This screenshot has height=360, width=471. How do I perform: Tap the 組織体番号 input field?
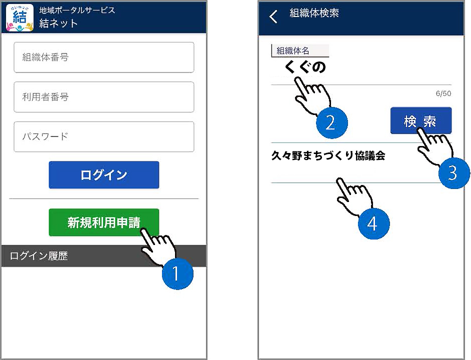click(104, 57)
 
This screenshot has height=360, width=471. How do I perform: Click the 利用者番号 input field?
click(104, 97)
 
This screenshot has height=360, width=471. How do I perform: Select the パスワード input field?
click(104, 136)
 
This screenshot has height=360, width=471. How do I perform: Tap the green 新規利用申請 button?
click(104, 222)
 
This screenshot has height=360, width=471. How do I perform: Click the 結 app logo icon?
click(19, 17)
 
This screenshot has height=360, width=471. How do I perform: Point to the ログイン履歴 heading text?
click(38, 256)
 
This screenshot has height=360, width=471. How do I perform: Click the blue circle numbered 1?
click(177, 274)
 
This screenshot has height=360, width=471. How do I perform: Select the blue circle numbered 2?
click(332, 122)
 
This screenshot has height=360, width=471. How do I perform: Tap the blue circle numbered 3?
click(454, 173)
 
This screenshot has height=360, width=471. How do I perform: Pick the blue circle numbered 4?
click(373, 223)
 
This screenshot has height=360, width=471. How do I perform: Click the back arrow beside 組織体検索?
click(273, 16)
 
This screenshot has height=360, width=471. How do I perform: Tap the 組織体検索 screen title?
click(314, 13)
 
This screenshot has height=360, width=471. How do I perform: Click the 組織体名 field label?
click(293, 50)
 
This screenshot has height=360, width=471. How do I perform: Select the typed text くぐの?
click(305, 66)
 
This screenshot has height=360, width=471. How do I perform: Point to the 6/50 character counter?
click(443, 93)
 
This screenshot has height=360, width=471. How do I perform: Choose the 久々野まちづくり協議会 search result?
click(328, 155)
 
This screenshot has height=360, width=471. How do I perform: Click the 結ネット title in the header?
click(58, 23)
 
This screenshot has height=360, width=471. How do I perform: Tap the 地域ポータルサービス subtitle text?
click(77, 10)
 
